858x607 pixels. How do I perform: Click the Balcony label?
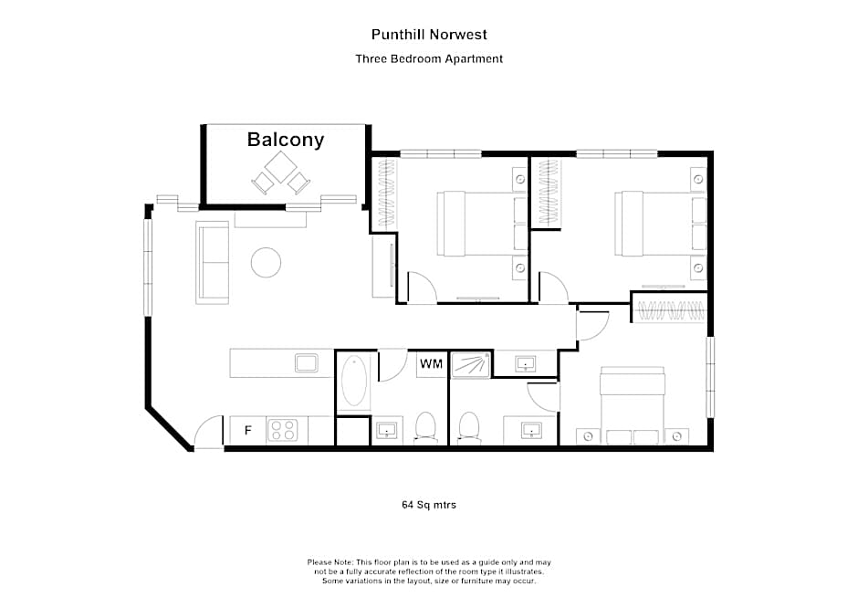point(286,140)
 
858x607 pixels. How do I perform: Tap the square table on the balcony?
point(281,166)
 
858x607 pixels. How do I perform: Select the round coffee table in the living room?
point(267,263)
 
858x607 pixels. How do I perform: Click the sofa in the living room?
point(213,262)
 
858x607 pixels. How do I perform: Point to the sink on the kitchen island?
point(306,363)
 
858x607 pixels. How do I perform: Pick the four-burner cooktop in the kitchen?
point(282,430)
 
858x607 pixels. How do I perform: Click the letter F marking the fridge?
point(246,430)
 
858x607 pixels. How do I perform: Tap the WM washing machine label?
point(431,364)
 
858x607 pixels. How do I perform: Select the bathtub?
point(354,382)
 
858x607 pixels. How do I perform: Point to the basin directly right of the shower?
point(526,364)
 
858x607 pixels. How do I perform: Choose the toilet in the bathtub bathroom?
point(425,427)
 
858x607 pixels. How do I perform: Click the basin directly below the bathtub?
point(386,429)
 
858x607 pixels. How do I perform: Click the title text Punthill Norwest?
point(429,35)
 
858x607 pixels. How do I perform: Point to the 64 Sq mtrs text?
point(429,504)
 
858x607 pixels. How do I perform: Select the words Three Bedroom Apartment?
point(429,58)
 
